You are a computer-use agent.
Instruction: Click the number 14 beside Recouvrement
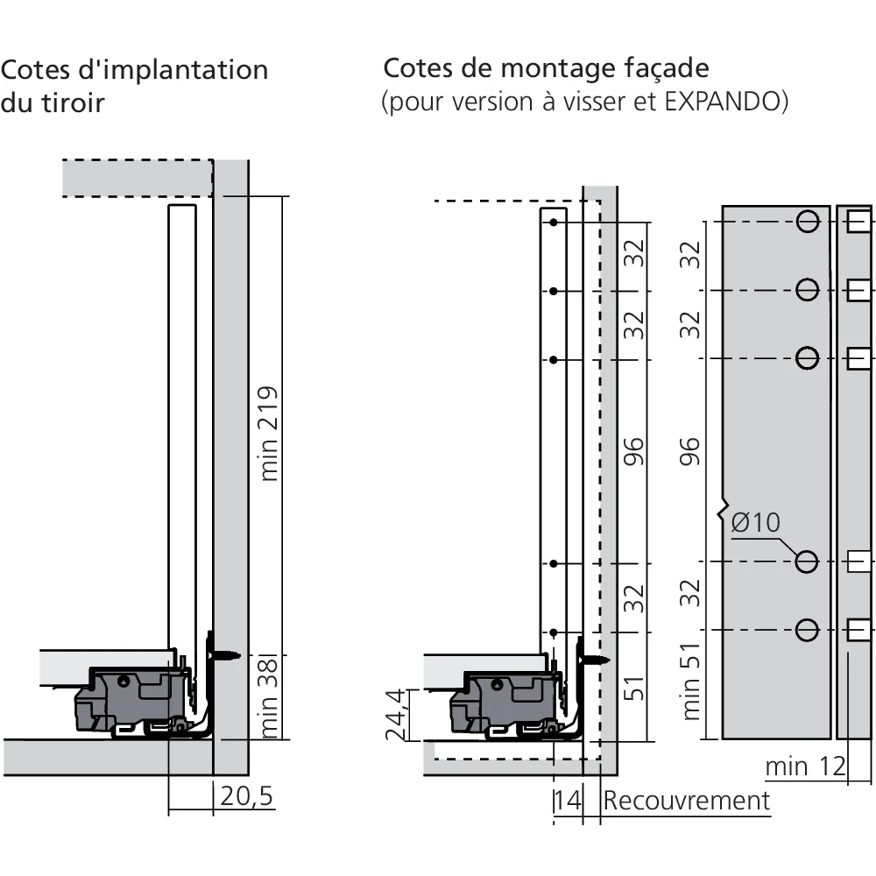coord(567,801)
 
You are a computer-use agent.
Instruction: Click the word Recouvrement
coord(687,801)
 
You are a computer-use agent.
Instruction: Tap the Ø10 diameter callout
coord(753,523)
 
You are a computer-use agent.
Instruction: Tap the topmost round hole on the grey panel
coord(808,221)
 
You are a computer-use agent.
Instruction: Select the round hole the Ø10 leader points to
coord(808,561)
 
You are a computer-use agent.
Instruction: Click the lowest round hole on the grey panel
coord(808,629)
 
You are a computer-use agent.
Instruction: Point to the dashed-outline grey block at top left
coord(138,178)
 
